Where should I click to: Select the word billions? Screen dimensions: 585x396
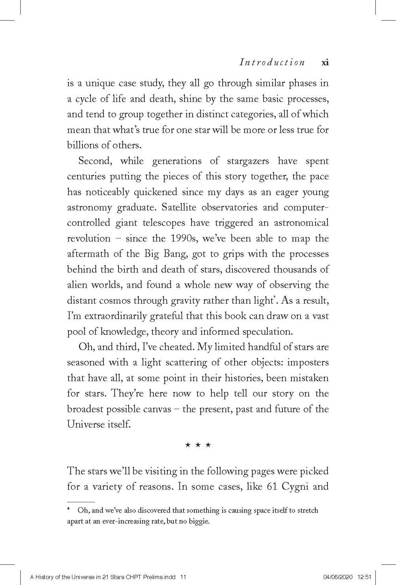[x=81, y=145]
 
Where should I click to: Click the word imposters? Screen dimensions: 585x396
[x=309, y=362]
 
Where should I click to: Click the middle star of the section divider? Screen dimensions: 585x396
[x=198, y=445]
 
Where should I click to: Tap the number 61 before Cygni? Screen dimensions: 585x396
[x=271, y=486]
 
